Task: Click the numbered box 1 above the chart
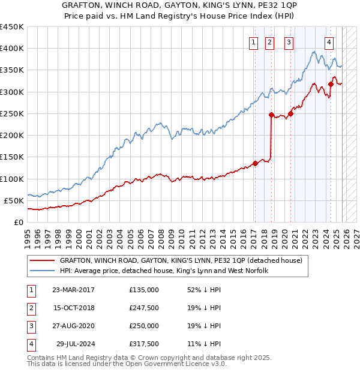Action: [x=254, y=42]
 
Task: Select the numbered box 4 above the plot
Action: [x=329, y=42]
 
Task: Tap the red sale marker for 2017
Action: [x=255, y=163]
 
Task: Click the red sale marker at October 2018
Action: [x=271, y=115]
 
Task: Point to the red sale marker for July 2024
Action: [x=331, y=85]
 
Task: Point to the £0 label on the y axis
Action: [x=18, y=223]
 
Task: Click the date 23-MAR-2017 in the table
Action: [x=73, y=290]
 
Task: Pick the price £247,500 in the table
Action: [x=144, y=308]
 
